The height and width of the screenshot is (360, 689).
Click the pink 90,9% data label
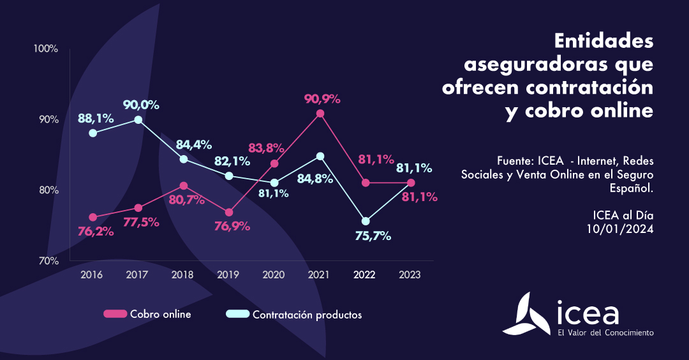[x=323, y=99]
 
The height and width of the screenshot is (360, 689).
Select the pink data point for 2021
[x=320, y=114]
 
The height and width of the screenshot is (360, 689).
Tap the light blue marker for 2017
[x=138, y=119]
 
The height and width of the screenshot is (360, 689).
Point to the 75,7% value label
[x=373, y=236]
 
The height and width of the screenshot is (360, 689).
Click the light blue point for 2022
[x=366, y=221]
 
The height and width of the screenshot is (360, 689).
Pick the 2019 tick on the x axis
[x=228, y=274]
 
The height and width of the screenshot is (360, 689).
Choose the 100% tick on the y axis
[x=46, y=49]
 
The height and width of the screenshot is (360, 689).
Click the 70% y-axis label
[x=47, y=260]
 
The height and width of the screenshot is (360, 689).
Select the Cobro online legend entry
[x=147, y=314]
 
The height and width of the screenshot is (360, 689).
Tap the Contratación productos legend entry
[x=294, y=314]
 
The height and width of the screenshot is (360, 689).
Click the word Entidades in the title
[x=604, y=42]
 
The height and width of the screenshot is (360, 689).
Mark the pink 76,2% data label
[x=96, y=231]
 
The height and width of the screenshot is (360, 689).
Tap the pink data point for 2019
[x=229, y=213]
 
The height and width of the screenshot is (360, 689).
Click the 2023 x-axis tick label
[x=410, y=274]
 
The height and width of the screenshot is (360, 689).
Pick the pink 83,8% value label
[x=266, y=148]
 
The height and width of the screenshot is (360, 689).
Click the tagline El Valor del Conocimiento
[x=605, y=333]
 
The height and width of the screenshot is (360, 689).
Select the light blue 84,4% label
[x=193, y=144]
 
